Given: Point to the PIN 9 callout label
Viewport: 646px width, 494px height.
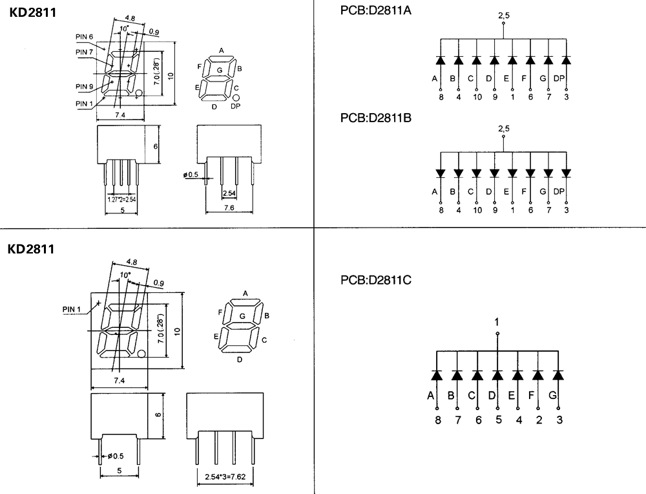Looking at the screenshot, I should tap(85, 87).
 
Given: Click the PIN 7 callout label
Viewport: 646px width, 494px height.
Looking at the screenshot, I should tap(85, 52).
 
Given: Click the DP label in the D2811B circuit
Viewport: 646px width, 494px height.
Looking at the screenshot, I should tap(559, 191).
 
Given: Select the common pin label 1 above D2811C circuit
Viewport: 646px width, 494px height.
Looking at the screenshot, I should tap(497, 322).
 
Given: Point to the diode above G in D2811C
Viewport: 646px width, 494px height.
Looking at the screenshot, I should tap(558, 375).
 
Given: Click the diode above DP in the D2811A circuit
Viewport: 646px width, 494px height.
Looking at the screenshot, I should tap(567, 60).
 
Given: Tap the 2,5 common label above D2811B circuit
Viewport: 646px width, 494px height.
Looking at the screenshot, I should tap(503, 129).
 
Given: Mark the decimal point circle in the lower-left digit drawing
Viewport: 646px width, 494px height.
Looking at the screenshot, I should tap(141, 354).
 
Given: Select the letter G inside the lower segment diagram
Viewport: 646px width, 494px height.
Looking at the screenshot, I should tap(242, 316).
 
